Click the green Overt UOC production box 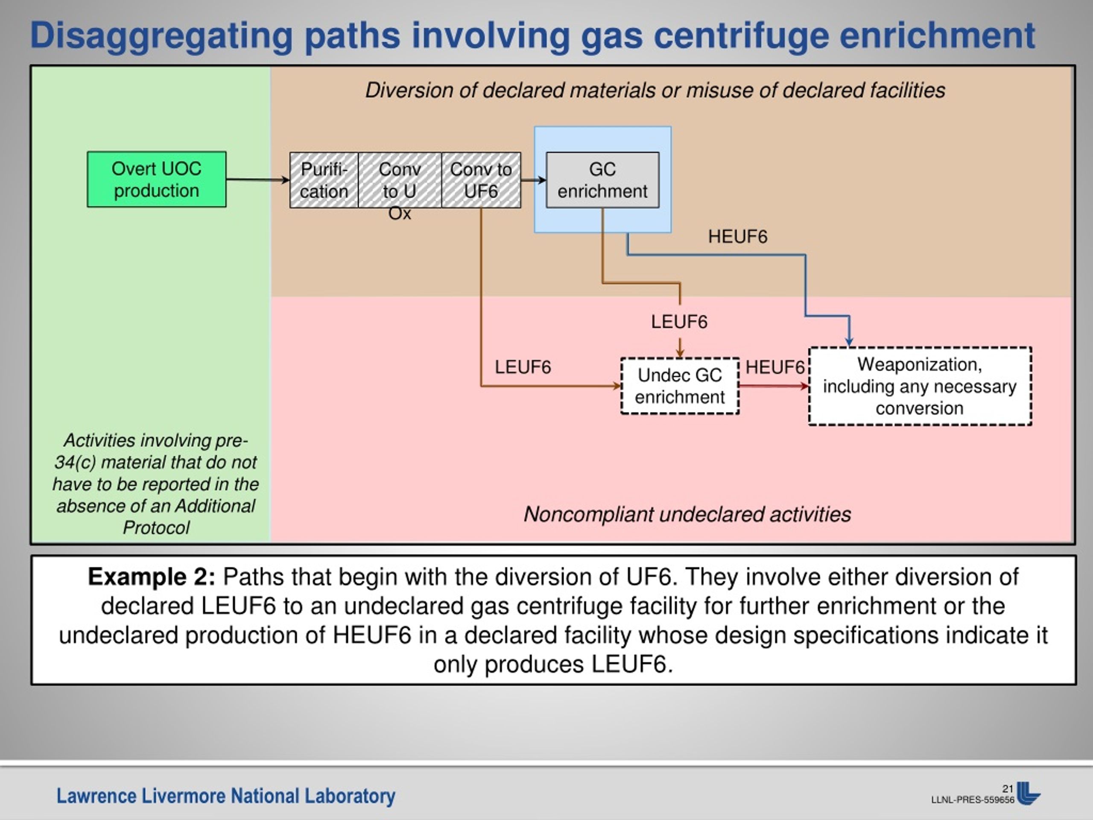tap(157, 179)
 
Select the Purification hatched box tap(324, 180)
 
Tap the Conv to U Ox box tap(400, 180)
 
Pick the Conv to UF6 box tap(481, 180)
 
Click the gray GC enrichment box tap(602, 180)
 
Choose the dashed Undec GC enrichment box tap(680, 386)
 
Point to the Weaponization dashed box tap(920, 386)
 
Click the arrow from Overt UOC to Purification tap(258, 179)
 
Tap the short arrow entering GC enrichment tap(534, 180)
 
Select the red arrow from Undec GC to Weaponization tap(774, 386)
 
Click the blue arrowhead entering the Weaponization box tap(849, 342)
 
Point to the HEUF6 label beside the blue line tap(738, 237)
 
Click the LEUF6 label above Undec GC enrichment tap(679, 322)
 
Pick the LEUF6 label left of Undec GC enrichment tap(523, 367)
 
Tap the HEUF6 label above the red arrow tap(775, 367)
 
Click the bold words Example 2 tap(151, 577)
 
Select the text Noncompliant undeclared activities tap(687, 514)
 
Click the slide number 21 tap(1008, 789)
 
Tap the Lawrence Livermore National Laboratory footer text tap(226, 796)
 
